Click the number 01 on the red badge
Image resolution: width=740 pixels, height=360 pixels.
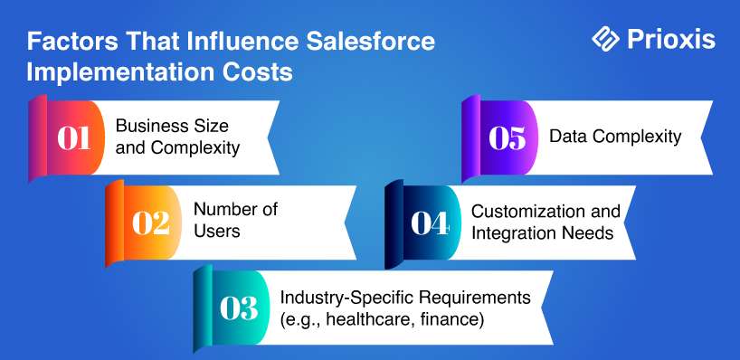coord(74,137)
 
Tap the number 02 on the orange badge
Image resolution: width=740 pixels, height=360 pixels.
coord(151,223)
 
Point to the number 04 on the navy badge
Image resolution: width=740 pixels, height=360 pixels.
coord(430,223)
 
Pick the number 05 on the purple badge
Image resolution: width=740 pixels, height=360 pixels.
coord(508,137)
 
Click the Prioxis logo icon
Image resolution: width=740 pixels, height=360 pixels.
coord(605,38)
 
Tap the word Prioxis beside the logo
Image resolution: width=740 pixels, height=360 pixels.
coord(671,39)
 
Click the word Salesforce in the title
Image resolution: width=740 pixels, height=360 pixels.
coord(370,41)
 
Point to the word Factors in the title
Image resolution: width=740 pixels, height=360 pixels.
coord(72,41)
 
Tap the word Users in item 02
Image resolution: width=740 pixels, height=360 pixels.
coord(217,232)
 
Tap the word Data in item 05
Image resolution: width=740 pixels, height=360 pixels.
coord(566,137)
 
